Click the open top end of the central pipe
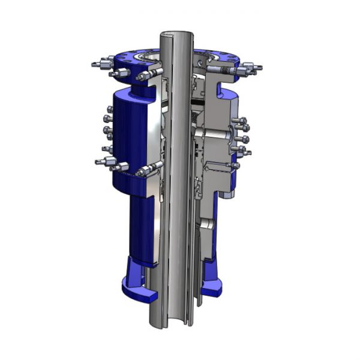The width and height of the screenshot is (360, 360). pos(178,35)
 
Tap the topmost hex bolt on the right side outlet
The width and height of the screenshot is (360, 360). pos(242,122)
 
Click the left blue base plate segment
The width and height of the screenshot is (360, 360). pos(137,292)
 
